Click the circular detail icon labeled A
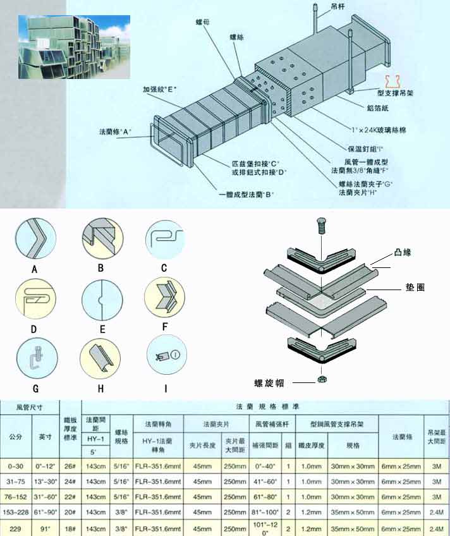33,239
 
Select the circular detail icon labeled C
164,239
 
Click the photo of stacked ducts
74,47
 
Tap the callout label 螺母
204,21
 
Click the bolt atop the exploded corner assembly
322,225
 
